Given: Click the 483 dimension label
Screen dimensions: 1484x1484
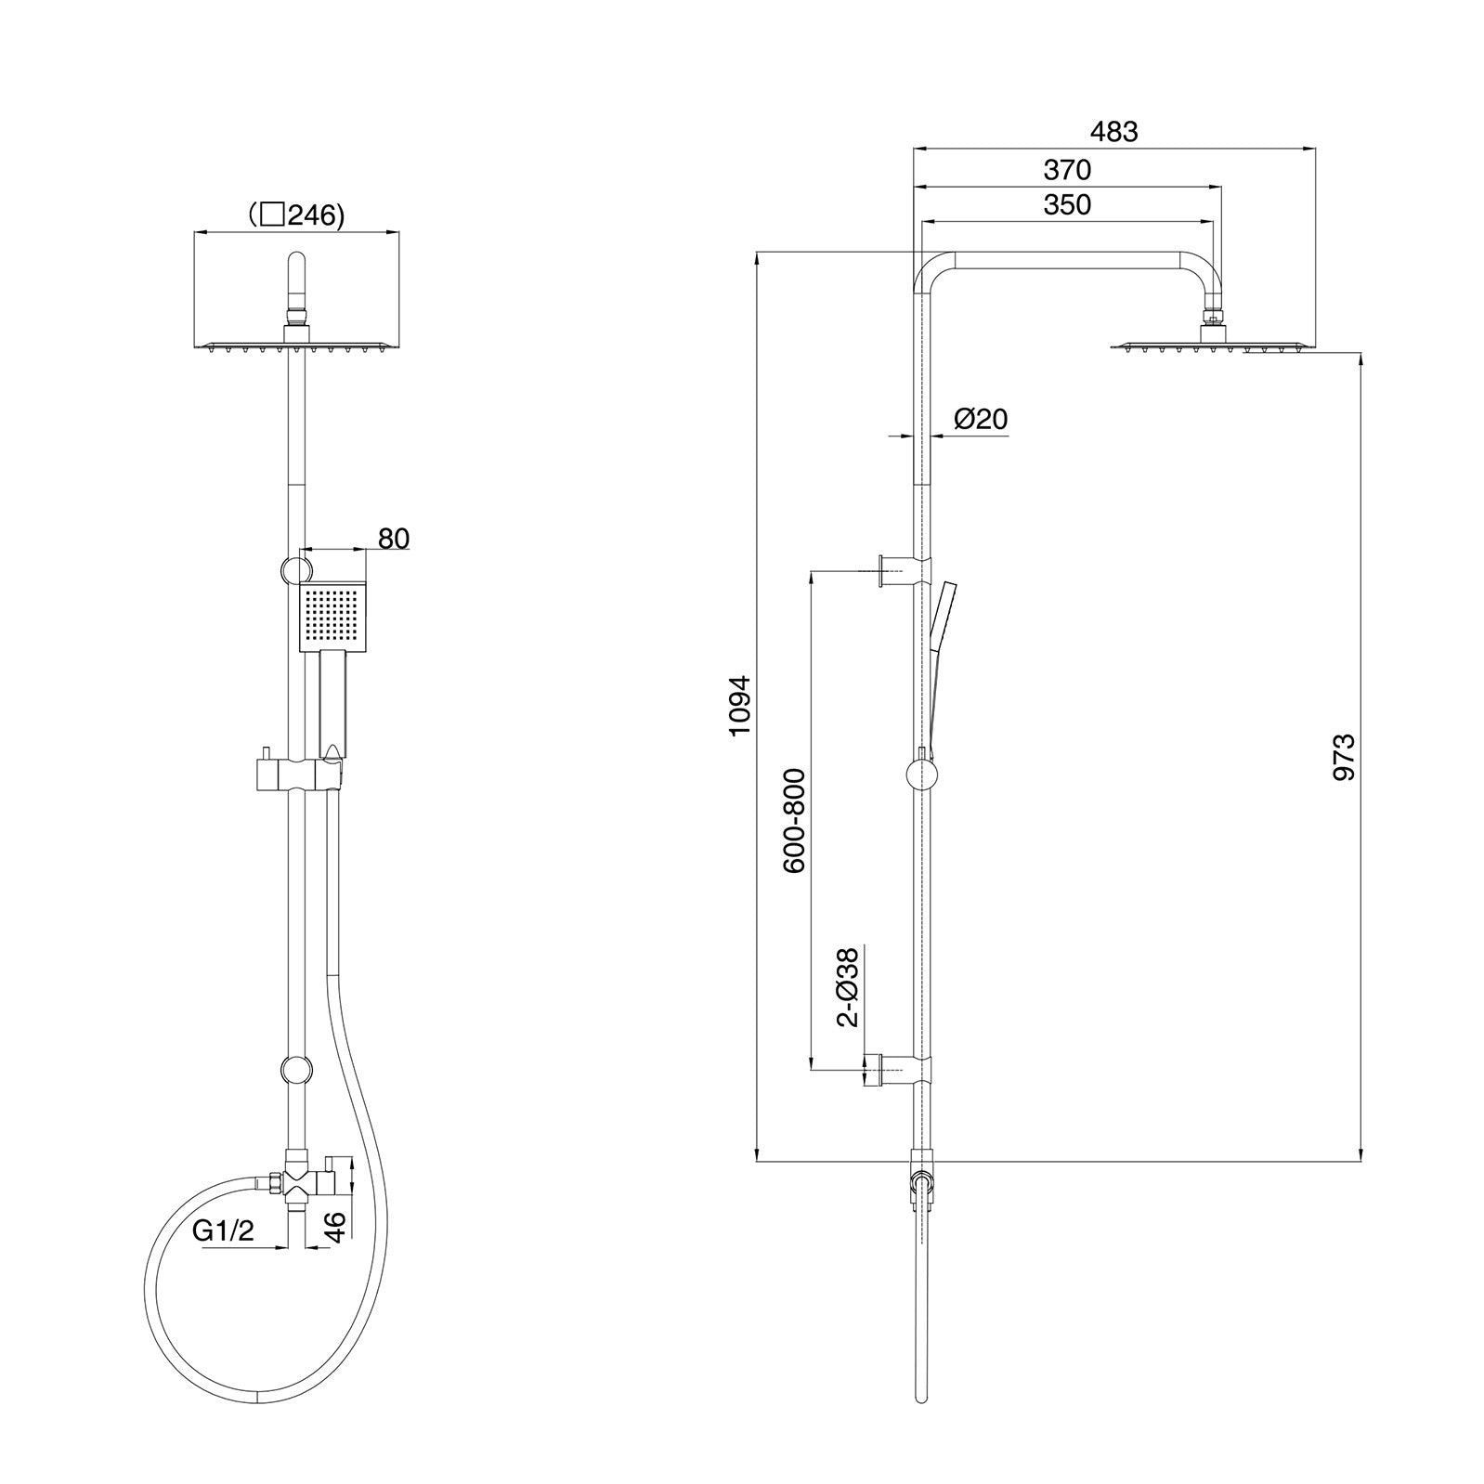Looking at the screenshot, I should click(x=1113, y=132).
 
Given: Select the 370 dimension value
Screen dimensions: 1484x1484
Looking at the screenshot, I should click(x=1067, y=171).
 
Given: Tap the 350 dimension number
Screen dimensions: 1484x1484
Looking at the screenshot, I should click(x=1067, y=205).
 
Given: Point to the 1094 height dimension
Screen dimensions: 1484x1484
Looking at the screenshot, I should click(x=739, y=706).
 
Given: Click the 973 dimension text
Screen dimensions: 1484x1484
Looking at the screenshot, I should click(x=1344, y=756).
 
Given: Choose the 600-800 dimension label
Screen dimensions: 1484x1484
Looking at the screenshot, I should click(x=795, y=821).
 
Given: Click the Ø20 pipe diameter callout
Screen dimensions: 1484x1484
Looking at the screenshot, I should click(x=981, y=420).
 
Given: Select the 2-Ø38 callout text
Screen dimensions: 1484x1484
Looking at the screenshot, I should click(x=847, y=987).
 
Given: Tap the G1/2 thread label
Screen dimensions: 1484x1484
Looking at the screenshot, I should click(x=223, y=1231).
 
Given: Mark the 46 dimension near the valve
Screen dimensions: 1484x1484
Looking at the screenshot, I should click(x=336, y=1226).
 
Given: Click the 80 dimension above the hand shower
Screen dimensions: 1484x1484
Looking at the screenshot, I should click(x=394, y=539).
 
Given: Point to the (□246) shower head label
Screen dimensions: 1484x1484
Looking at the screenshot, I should click(x=296, y=216).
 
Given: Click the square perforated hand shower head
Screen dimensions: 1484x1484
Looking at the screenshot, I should click(x=333, y=617).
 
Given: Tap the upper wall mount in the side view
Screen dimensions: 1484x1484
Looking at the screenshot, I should click(x=901, y=569).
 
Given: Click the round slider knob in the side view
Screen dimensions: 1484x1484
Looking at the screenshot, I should click(x=921, y=774).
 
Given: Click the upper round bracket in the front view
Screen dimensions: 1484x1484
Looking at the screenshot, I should click(x=296, y=568).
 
